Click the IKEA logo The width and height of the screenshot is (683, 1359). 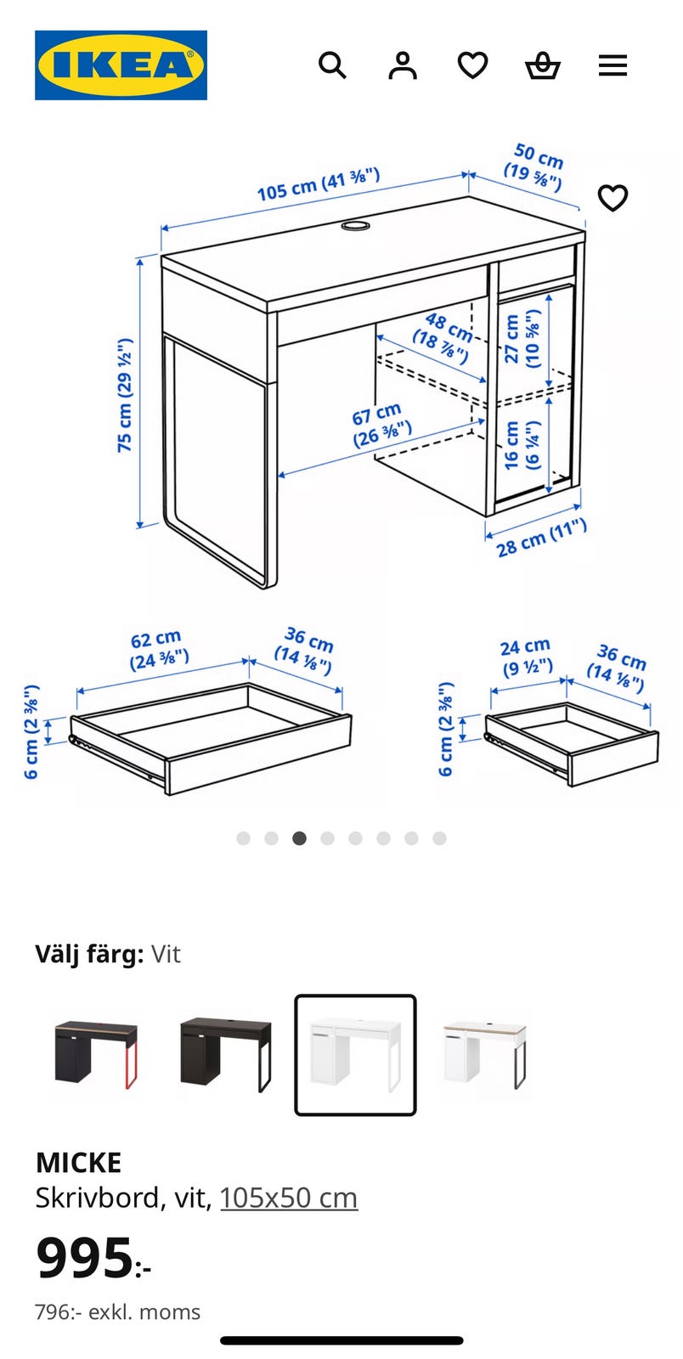point(121,65)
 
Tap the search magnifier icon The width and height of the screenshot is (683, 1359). point(332,65)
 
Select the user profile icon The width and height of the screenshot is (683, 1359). point(403,65)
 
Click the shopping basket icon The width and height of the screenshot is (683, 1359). point(542,65)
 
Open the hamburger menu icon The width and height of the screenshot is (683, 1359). point(612,65)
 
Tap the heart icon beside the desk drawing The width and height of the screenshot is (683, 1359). point(612,198)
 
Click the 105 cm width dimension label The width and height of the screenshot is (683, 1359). point(318,184)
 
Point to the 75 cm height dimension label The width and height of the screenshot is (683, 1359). point(125,395)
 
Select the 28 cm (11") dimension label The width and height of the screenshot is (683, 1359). point(541,539)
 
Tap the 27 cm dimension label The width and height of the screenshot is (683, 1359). point(522,338)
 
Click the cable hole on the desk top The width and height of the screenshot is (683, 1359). point(356,226)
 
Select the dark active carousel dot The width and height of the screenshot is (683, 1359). point(299,838)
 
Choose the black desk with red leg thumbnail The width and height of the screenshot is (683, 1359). point(95,1054)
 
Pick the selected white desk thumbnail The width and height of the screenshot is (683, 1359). point(355,1054)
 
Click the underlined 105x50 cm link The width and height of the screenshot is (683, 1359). point(289,1198)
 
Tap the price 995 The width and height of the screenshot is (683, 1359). point(85,1258)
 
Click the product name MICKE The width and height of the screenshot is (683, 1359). point(78,1162)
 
